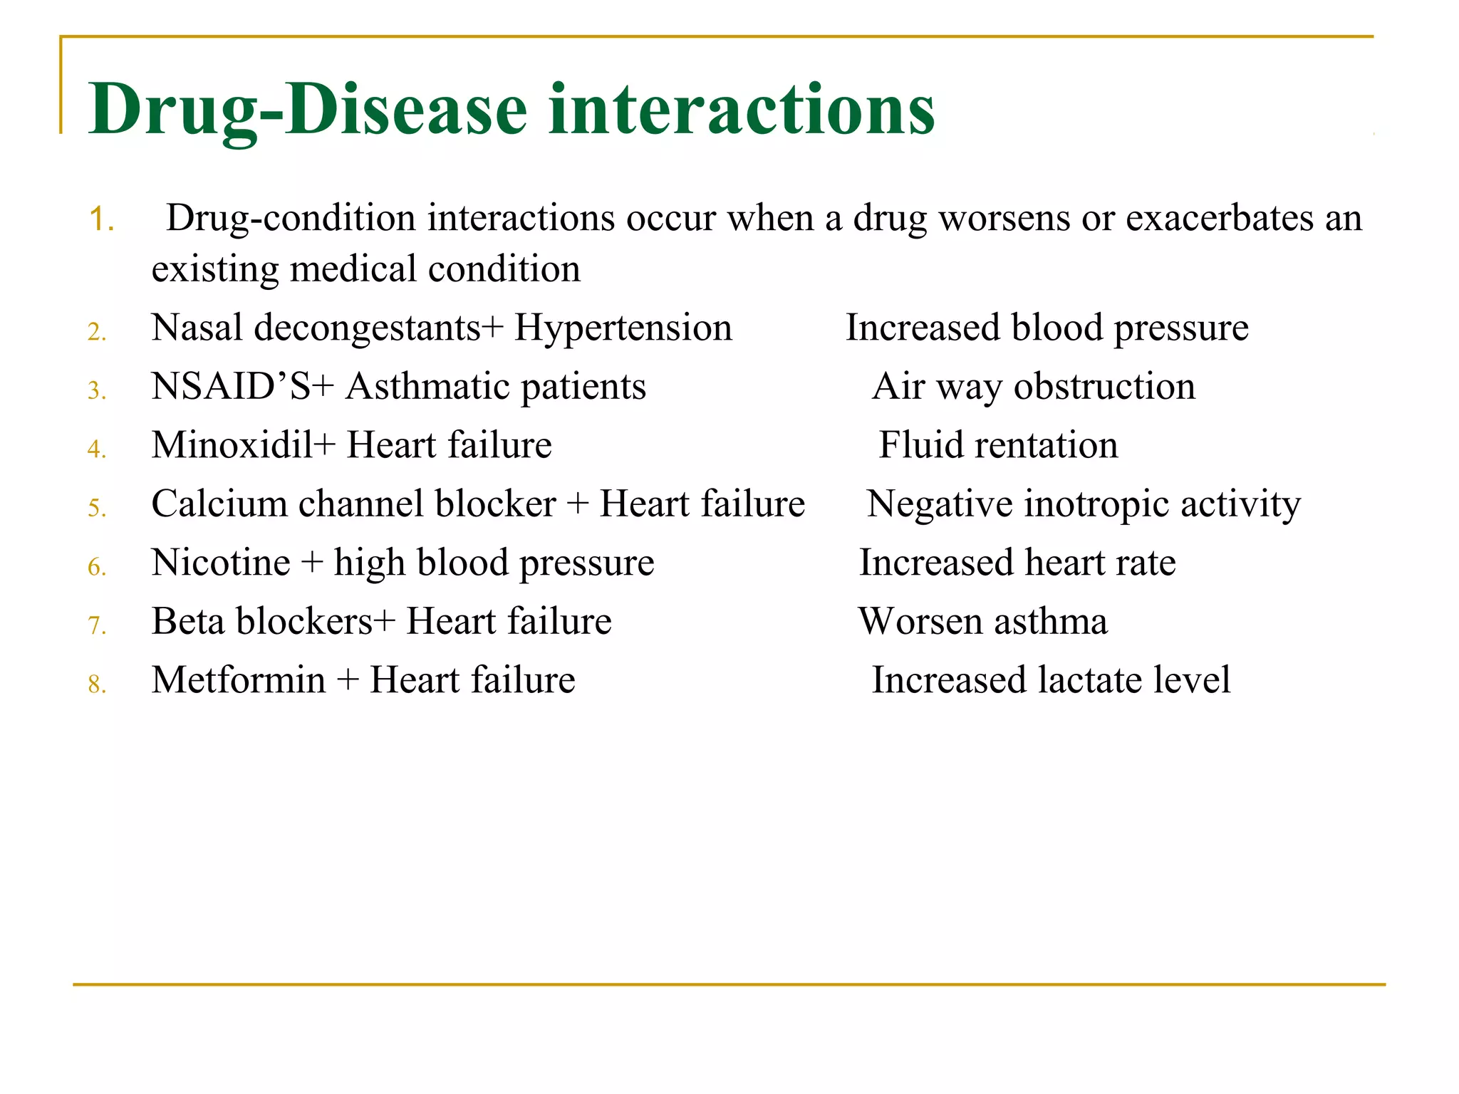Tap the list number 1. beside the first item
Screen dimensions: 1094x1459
[102, 219]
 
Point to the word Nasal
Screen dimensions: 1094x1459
[197, 328]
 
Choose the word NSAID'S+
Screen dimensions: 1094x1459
[242, 387]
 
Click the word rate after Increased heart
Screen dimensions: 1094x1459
[1145, 563]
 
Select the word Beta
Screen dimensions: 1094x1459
[187, 621]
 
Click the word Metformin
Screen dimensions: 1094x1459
[238, 680]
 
